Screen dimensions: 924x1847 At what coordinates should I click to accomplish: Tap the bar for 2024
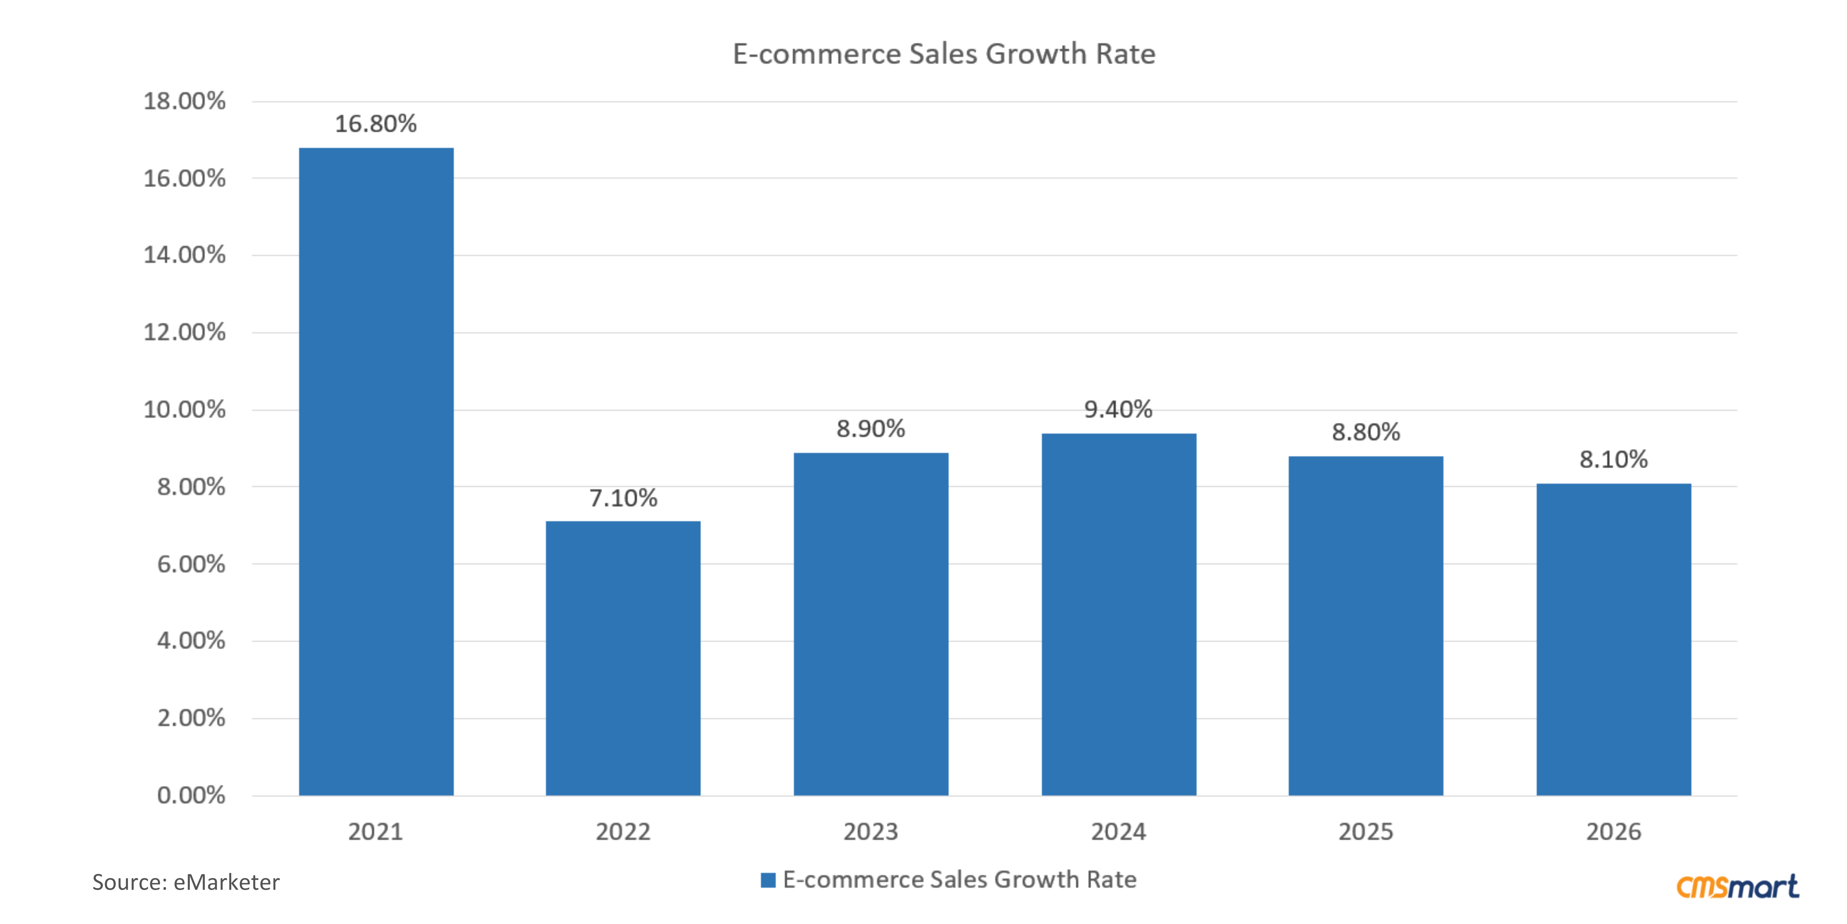(x=1119, y=614)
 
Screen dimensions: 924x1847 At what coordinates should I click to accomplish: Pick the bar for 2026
(x=1613, y=639)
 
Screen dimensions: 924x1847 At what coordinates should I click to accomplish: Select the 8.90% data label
(x=870, y=429)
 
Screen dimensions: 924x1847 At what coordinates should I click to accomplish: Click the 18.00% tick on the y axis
(x=184, y=101)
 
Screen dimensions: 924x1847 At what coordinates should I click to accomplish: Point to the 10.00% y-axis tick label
(x=184, y=410)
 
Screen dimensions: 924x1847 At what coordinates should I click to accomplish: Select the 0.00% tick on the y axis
(x=191, y=795)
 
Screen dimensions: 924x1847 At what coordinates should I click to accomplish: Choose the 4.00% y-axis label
(x=191, y=641)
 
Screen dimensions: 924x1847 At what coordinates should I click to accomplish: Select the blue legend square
(x=768, y=880)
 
